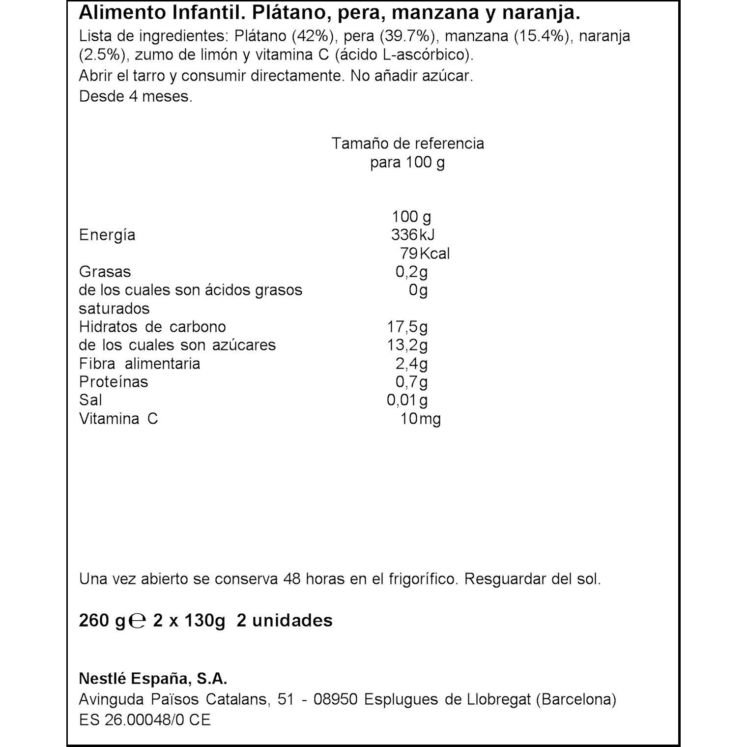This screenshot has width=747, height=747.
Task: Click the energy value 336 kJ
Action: (413, 235)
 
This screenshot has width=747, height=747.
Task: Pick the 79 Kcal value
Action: (425, 254)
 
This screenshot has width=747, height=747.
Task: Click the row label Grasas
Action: (105, 272)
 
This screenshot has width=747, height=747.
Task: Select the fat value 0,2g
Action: (412, 272)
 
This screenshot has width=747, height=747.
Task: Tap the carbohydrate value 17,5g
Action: (407, 327)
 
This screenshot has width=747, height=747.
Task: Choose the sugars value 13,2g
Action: (407, 345)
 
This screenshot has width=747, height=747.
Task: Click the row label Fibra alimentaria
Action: (140, 364)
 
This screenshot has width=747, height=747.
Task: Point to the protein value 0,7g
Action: (412, 382)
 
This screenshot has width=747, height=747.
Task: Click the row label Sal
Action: (90, 400)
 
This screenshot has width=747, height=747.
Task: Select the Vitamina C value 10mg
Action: (421, 419)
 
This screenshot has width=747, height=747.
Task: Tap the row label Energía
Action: (107, 235)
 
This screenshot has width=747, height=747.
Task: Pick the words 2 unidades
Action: (285, 620)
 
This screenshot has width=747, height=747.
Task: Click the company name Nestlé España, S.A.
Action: (153, 679)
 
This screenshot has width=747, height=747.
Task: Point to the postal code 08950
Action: (335, 699)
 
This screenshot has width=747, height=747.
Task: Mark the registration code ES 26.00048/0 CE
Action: (144, 720)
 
